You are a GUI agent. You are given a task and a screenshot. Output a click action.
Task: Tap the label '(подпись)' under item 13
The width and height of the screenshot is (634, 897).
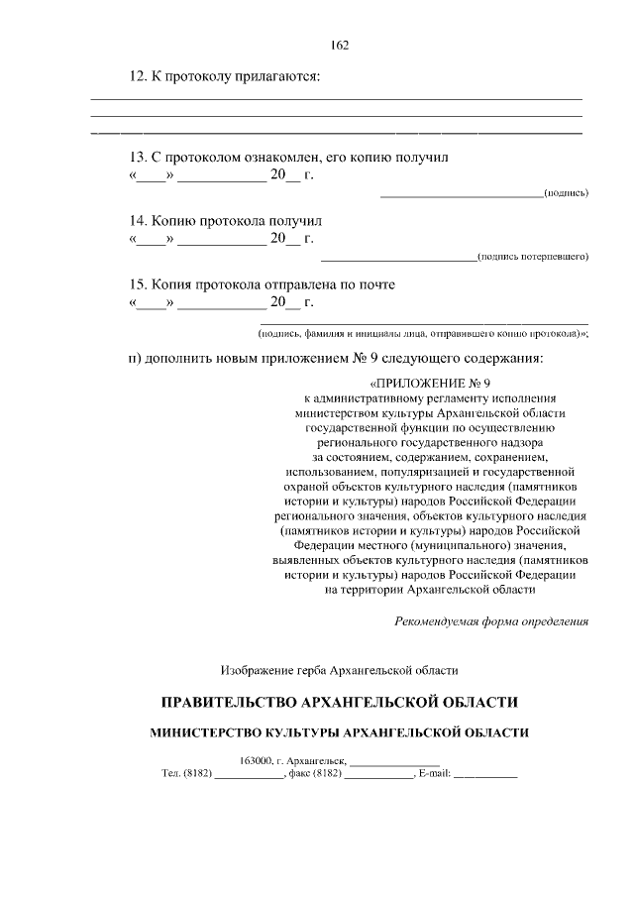pyautogui.click(x=566, y=193)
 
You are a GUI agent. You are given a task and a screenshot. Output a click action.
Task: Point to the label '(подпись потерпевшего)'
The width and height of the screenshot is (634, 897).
pyautogui.click(x=532, y=257)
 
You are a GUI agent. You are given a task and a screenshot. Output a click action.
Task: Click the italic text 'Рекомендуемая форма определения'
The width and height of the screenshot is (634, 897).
pyautogui.click(x=491, y=621)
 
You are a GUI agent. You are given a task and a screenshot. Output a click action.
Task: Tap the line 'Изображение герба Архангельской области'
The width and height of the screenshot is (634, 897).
pyautogui.click(x=339, y=670)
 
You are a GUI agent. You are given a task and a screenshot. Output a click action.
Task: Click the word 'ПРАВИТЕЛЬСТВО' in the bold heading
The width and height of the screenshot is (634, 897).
pyautogui.click(x=236, y=703)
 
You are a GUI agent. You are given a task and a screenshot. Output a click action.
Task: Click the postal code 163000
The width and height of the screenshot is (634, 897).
pyautogui.click(x=258, y=760)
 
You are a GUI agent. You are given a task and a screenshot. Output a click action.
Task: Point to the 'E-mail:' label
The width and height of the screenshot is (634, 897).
pyautogui.click(x=435, y=774)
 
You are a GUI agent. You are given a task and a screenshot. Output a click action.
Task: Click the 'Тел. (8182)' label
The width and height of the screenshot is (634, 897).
pyautogui.click(x=186, y=774)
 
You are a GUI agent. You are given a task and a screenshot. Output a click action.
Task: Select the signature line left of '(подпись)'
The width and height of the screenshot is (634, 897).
pyautogui.click(x=461, y=194)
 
